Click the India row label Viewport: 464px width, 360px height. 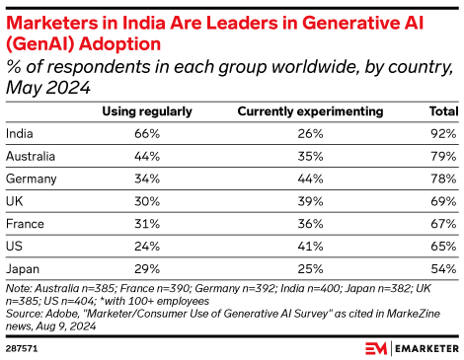[19, 132]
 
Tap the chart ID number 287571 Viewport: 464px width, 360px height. [21, 346]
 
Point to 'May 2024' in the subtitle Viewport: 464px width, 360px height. [48, 87]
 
